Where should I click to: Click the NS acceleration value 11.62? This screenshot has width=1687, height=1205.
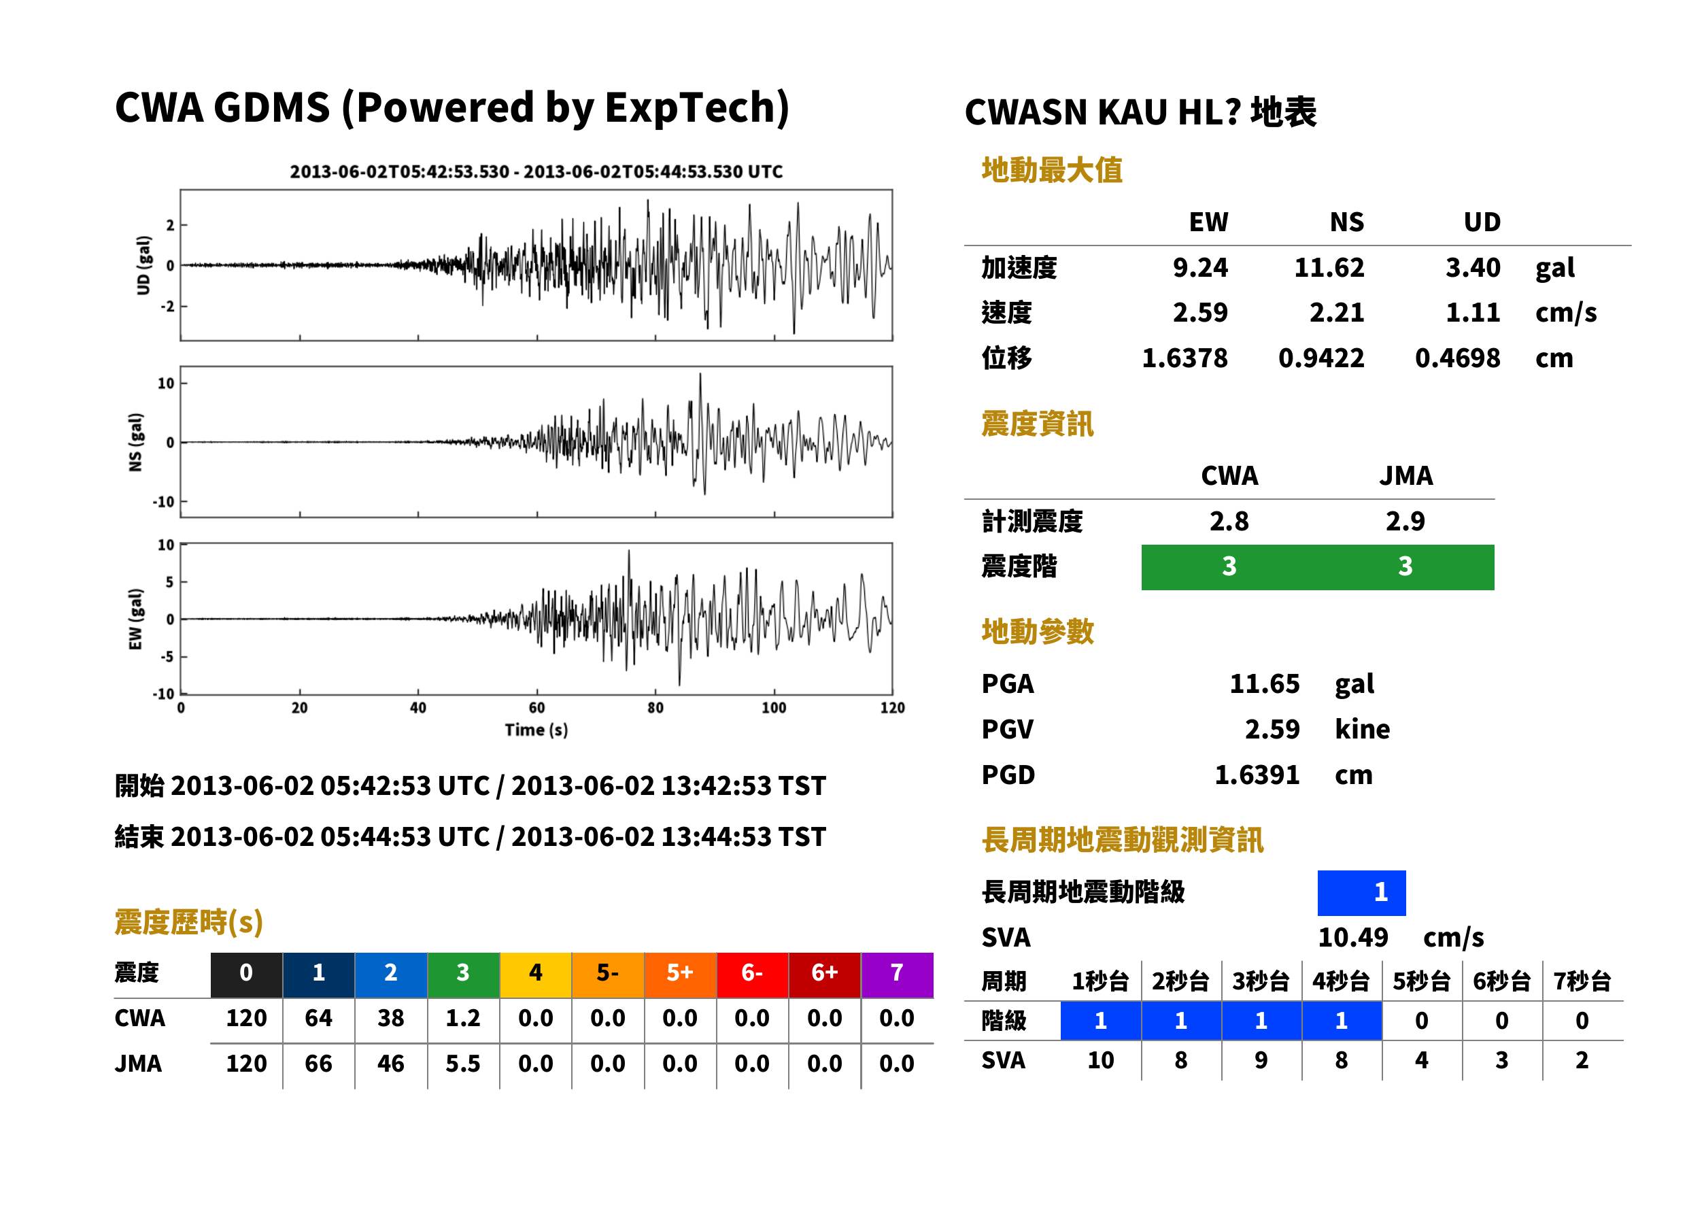pyautogui.click(x=1329, y=268)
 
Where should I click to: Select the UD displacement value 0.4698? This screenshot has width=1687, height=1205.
pyautogui.click(x=1457, y=358)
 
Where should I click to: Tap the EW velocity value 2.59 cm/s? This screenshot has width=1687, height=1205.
pyautogui.click(x=1199, y=313)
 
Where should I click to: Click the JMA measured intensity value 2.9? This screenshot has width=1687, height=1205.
pyautogui.click(x=1405, y=522)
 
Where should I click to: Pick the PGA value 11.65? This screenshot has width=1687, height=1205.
pyautogui.click(x=1264, y=684)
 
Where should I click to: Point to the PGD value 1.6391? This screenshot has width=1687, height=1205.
pyautogui.click(x=1257, y=775)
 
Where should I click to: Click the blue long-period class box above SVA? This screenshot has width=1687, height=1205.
pyautogui.click(x=1361, y=893)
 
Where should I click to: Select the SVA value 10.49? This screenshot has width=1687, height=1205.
pyautogui.click(x=1352, y=938)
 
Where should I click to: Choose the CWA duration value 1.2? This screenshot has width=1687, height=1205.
pyautogui.click(x=463, y=1019)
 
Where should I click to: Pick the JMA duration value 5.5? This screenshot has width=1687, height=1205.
pyautogui.click(x=463, y=1064)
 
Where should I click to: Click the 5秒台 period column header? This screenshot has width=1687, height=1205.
pyautogui.click(x=1421, y=982)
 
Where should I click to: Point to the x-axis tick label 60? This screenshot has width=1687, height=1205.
pyautogui.click(x=536, y=708)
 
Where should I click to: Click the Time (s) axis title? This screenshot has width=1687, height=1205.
pyautogui.click(x=536, y=730)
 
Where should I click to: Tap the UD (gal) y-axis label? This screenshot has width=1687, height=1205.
pyautogui.click(x=144, y=265)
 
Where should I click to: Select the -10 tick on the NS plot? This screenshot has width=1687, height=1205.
pyautogui.click(x=164, y=503)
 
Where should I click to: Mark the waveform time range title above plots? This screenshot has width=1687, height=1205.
pyautogui.click(x=536, y=172)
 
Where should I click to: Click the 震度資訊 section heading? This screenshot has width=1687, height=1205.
pyautogui.click(x=1037, y=424)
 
